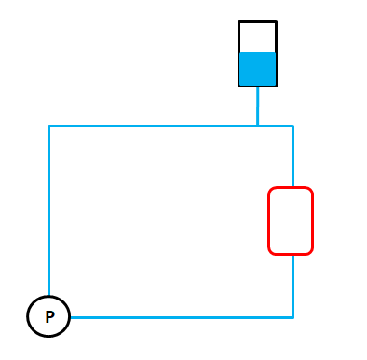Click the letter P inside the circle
(49, 316)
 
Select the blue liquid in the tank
(257, 69)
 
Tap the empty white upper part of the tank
(257, 37)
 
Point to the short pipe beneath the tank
(257, 106)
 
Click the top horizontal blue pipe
(170, 126)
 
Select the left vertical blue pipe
(48, 210)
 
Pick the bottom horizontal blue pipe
(182, 317)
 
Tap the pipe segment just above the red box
(292, 156)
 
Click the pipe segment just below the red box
(292, 287)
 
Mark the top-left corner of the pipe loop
(48, 126)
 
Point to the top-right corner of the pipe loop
(292, 126)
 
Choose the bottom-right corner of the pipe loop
(292, 317)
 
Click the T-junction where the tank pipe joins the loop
(257, 126)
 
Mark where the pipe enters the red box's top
(292, 187)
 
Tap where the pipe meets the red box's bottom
(292, 255)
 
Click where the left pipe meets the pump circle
(48, 296)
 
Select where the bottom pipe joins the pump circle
(70, 317)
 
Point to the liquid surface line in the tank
(257, 52)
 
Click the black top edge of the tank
(257, 22)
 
